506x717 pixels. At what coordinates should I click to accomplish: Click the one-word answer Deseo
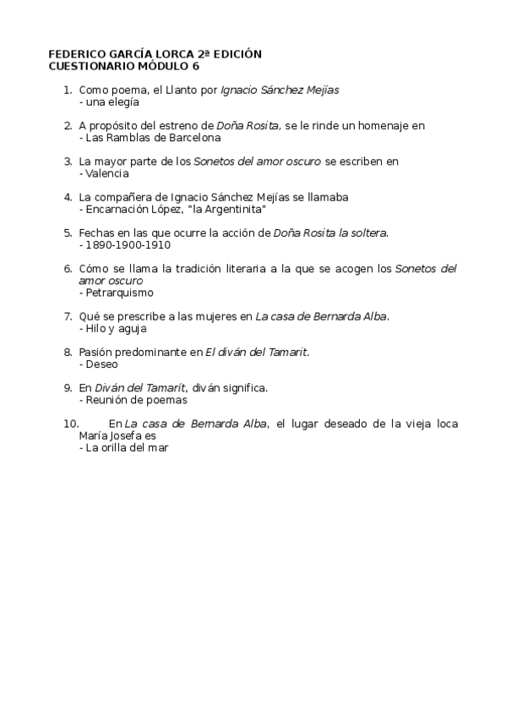(x=102, y=364)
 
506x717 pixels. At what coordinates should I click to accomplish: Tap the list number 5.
(x=68, y=233)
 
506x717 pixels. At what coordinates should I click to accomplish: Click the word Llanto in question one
(x=180, y=89)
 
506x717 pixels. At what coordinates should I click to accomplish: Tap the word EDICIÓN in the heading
(x=237, y=54)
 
